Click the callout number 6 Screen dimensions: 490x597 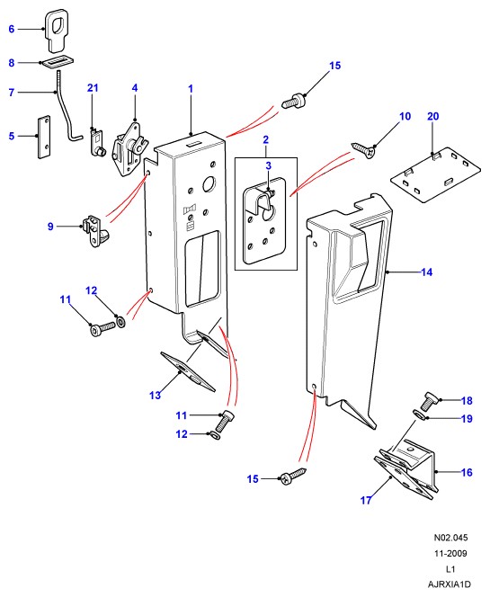[x=12, y=29]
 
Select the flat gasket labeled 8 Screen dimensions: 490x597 [x=57, y=62]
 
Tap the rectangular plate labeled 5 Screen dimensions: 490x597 [x=44, y=137]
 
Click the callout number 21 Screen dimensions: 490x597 [x=93, y=88]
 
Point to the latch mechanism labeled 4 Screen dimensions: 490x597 [x=129, y=149]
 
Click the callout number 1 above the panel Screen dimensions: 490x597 [x=191, y=89]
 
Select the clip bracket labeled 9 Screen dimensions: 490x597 [x=95, y=230]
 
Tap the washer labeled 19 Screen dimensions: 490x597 [x=420, y=414]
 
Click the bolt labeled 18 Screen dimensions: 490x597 [x=430, y=400]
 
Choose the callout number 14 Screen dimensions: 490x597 [x=427, y=272]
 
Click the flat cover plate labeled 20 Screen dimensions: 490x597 [x=435, y=175]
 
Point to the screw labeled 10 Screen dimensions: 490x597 [x=364, y=149]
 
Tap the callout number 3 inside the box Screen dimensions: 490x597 [x=269, y=165]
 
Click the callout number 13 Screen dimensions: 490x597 [x=155, y=396]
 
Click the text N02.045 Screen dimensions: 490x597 [x=450, y=538]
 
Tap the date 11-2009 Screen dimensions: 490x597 [x=450, y=553]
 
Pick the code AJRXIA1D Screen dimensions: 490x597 [x=450, y=584]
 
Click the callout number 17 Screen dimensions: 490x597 [x=366, y=500]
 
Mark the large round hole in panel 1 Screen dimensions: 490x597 [x=209, y=184]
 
